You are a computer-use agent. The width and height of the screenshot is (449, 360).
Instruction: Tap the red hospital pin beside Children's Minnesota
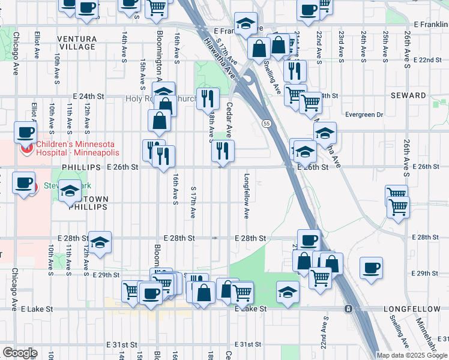pos(26,148)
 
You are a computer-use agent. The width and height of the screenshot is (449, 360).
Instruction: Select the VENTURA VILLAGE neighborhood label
pos(77,43)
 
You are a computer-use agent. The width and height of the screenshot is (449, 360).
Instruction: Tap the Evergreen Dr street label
pos(364,115)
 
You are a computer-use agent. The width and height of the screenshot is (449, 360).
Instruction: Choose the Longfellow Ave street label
pos(246,196)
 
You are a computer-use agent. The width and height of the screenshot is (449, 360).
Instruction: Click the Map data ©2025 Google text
pos(412,355)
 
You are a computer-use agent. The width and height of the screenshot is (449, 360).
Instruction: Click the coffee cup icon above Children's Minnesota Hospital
pos(25,132)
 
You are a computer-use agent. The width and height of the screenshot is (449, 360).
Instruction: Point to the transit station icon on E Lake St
pos(348,308)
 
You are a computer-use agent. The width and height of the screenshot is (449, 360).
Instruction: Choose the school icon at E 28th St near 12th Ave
pos(100,241)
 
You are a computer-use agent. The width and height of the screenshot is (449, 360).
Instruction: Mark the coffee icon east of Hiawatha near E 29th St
pos(371,266)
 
